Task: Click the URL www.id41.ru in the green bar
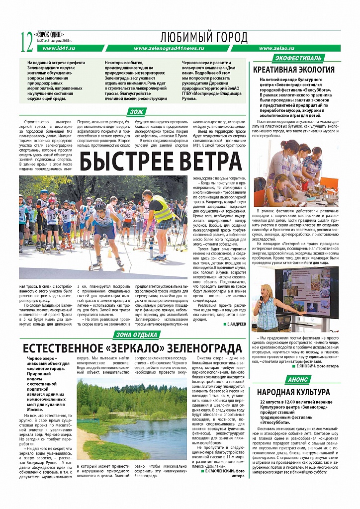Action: click(59, 48)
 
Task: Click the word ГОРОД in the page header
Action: click(229, 37)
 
